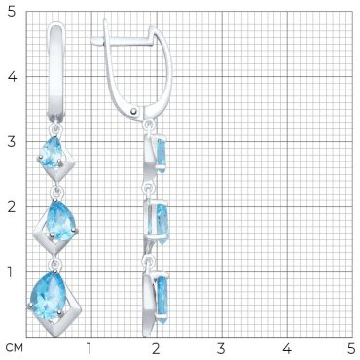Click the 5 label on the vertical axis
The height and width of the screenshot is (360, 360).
12,13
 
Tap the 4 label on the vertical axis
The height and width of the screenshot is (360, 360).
12,77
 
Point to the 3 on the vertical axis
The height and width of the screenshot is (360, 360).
12,142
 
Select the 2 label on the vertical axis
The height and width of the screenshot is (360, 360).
12,206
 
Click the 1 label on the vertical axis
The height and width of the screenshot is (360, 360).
11,271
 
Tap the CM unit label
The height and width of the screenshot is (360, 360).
15,348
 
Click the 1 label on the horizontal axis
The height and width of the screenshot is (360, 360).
89,348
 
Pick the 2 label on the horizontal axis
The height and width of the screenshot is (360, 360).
156,348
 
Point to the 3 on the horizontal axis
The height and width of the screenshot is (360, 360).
221,348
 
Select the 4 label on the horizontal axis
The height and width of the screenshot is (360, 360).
287,348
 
